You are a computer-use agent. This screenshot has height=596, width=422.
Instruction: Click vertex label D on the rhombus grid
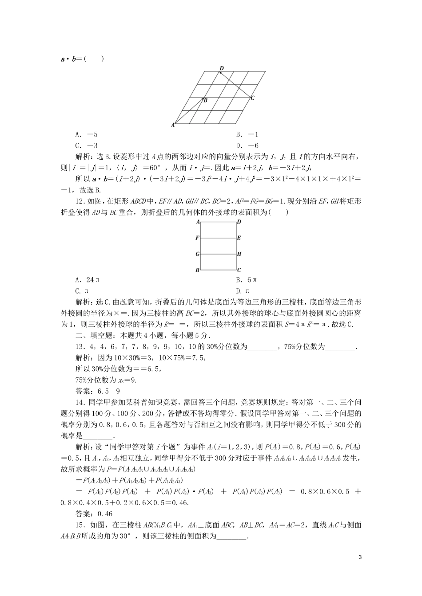pos(222,68)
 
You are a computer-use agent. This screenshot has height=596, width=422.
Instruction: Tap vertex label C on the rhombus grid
pos(252,98)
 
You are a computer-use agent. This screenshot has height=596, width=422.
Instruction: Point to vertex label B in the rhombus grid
pos(206,101)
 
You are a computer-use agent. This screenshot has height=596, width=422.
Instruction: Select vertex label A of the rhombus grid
pos(173,125)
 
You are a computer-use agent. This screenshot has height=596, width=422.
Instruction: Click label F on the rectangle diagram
pos(197,238)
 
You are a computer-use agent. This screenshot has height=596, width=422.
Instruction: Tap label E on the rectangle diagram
pos(239,238)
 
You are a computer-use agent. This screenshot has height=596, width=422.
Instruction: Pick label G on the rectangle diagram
pos(197,254)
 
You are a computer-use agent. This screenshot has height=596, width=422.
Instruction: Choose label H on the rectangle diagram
pos(239,254)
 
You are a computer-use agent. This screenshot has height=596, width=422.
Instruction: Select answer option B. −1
pos(247,134)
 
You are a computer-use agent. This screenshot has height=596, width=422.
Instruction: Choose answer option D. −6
pos(247,145)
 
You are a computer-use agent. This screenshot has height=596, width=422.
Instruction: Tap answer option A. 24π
pos(88,280)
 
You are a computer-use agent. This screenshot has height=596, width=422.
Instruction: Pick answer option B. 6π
pos(247,280)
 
